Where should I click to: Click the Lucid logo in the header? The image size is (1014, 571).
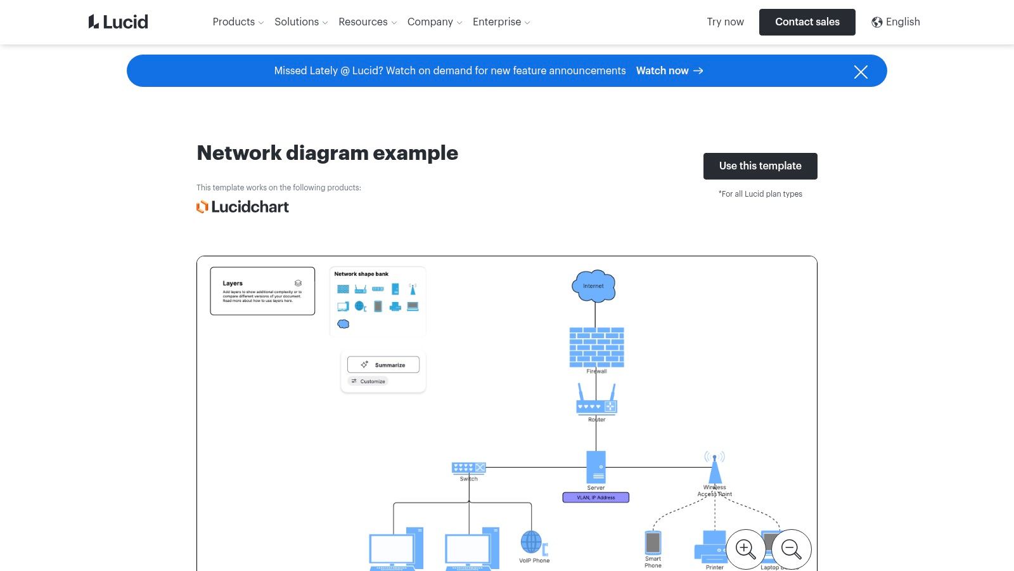118,22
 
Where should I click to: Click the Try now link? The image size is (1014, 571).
725,22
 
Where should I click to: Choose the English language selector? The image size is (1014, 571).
895,22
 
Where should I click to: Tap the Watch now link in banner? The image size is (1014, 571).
669,71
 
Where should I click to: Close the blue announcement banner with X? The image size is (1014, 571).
860,72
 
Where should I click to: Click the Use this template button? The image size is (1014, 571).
760,166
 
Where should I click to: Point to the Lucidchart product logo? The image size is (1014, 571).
243,207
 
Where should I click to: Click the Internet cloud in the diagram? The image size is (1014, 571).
594,285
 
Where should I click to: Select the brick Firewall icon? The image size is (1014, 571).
596,347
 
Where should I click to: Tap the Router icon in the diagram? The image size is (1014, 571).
596,400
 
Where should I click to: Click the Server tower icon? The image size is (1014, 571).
596,467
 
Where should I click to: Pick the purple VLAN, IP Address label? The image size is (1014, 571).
596,497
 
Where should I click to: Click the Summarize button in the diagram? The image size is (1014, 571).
383,365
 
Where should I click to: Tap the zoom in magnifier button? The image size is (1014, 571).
745,549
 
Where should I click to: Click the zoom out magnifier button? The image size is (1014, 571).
791,549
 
